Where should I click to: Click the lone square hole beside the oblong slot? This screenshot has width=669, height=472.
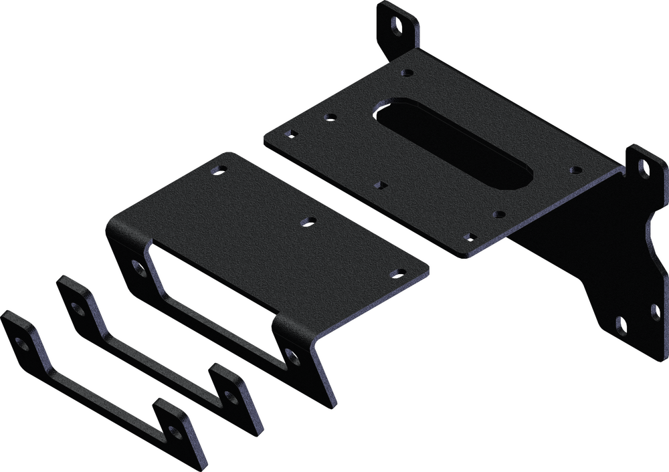click(382, 183)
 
